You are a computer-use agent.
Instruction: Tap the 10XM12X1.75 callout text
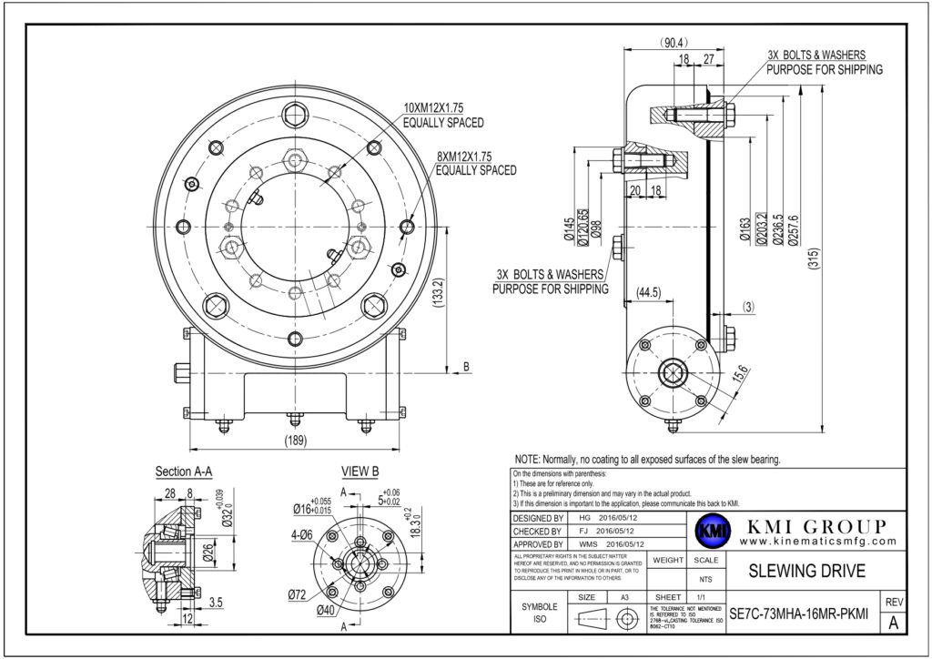[x=444, y=107]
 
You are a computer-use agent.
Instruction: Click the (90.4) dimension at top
[x=674, y=43]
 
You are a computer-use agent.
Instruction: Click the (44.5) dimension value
[x=649, y=292]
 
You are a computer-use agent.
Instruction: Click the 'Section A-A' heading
[x=185, y=471]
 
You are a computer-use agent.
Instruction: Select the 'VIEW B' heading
[x=360, y=471]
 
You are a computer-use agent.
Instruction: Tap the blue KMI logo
[x=707, y=534]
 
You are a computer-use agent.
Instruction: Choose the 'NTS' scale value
[x=704, y=578]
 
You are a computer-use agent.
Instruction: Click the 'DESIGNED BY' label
[x=540, y=516]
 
